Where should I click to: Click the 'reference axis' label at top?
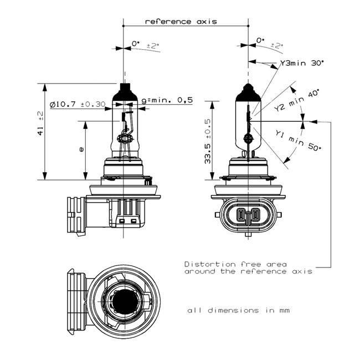(181, 22)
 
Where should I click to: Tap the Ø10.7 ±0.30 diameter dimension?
(77, 104)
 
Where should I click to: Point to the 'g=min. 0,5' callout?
(167, 100)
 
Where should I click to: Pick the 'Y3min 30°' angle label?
(302, 64)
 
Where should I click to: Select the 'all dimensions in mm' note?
(238, 310)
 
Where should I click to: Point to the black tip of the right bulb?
(249, 90)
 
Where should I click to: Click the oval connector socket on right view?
(248, 215)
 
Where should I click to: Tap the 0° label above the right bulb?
(261, 41)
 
